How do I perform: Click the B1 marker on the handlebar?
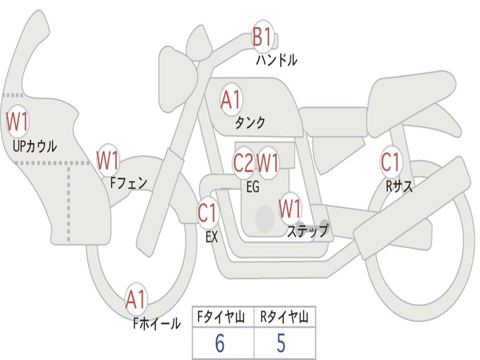coord(262,37)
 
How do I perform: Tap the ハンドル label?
coord(277,60)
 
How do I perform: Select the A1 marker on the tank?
coord(231,100)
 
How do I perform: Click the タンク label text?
coord(250,123)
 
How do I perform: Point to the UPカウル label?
coord(35,146)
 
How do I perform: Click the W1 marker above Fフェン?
coord(108,160)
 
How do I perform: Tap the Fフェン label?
coord(129,182)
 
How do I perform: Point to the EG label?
coord(253,187)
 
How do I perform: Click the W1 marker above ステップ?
coord(290,209)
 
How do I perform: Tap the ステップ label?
coord(307,232)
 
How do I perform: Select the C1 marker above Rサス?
coord(390,162)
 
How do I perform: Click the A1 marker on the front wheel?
coord(136,300)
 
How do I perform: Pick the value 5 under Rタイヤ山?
coord(281,344)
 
